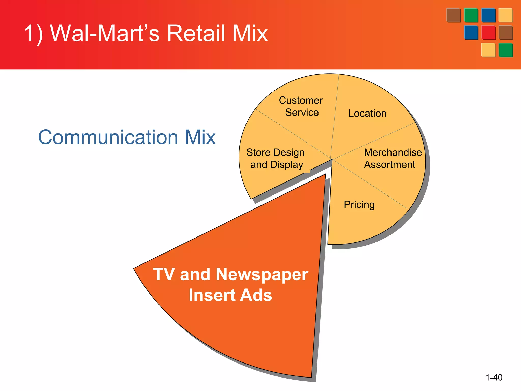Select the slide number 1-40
[494, 377]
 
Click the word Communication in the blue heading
[108, 137]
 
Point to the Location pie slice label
[367, 113]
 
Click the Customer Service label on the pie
[301, 106]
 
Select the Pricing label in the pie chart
[359, 205]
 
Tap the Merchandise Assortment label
[392, 159]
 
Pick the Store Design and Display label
[276, 159]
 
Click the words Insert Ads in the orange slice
[230, 295]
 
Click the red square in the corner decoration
[488, 33]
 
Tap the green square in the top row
[471, 15]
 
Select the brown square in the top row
[454, 15]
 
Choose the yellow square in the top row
[505, 15]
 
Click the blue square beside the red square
[471, 33]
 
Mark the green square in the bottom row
[506, 50]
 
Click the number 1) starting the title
[34, 33]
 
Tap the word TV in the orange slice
[164, 274]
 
